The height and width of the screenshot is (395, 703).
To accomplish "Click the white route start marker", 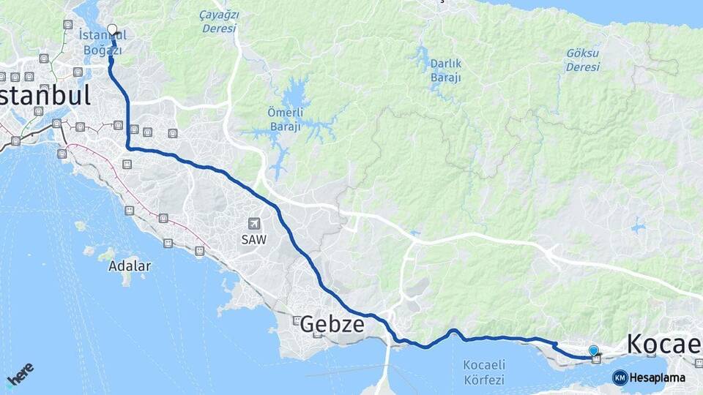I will pos(112,30).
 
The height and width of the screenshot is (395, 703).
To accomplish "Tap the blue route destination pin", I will pos(593,351).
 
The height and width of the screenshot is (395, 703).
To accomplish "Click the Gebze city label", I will pos(332,324).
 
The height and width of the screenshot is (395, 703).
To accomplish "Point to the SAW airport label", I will pos(254,239).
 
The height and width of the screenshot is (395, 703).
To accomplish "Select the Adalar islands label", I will pos(130,266).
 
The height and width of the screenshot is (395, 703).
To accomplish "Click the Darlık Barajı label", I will pos(445,71).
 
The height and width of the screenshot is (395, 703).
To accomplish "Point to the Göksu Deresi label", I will pos(583,60).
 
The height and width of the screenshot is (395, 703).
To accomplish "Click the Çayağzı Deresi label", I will pos(217,21).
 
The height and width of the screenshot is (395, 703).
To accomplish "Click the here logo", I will pos(20,375).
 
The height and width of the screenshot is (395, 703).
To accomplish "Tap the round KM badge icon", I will pos(620,378).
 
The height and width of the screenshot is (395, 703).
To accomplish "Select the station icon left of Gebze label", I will pos(297,320).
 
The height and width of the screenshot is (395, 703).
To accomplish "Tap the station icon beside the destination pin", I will pos(596,359).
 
